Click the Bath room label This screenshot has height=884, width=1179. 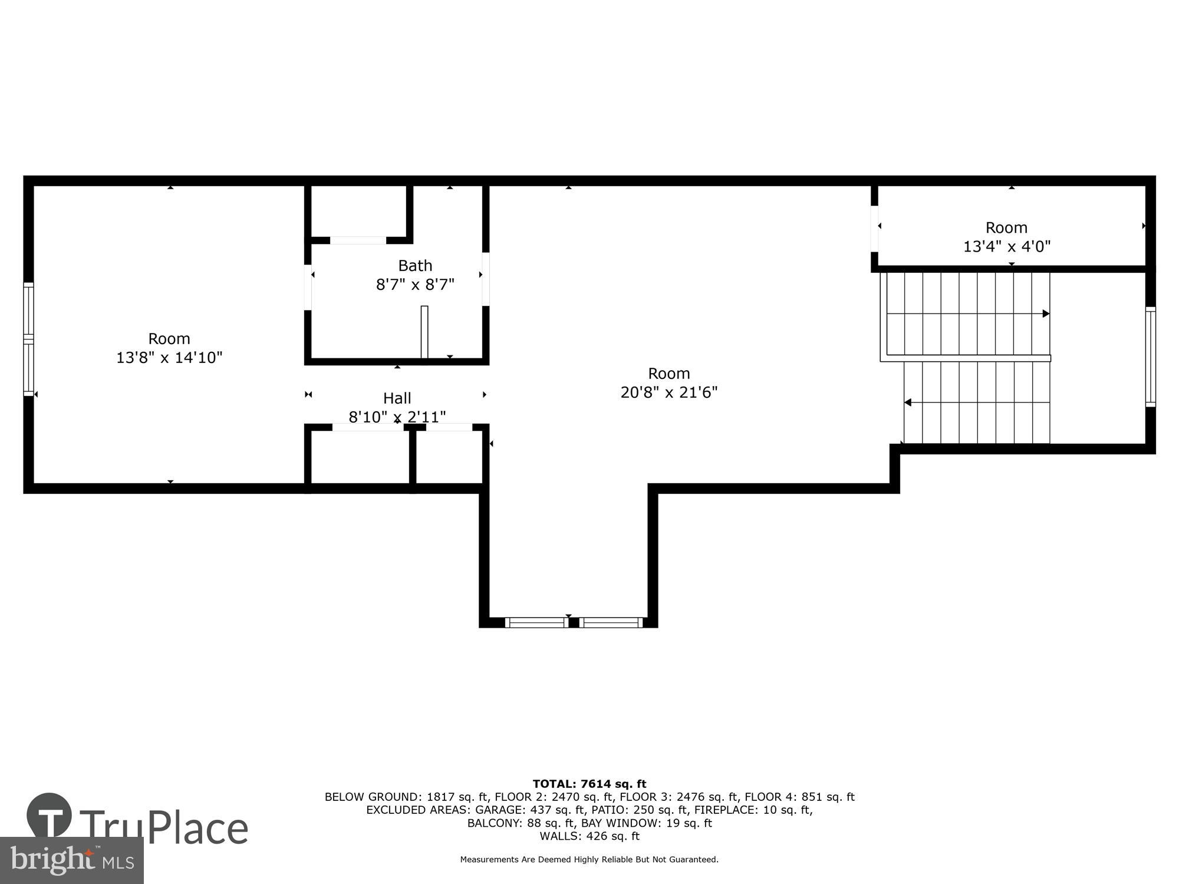click(415, 265)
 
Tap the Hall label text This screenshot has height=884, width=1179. click(397, 398)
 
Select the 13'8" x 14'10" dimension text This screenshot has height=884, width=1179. click(169, 357)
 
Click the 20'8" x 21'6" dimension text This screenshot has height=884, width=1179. click(668, 392)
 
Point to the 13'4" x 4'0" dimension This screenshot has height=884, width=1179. click(1006, 246)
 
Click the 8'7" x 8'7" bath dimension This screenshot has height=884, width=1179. click(415, 285)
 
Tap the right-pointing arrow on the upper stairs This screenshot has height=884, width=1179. click(1046, 314)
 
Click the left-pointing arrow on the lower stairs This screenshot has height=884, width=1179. click(908, 403)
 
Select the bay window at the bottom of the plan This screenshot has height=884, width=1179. click(573, 622)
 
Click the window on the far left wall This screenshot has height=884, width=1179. click(28, 339)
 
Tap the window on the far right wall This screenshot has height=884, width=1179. click(1150, 357)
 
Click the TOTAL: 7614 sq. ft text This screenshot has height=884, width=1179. click(589, 784)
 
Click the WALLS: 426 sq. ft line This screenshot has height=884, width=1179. click(589, 836)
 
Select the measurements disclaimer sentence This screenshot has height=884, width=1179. click(589, 860)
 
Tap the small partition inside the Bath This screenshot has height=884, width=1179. click(424, 331)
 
